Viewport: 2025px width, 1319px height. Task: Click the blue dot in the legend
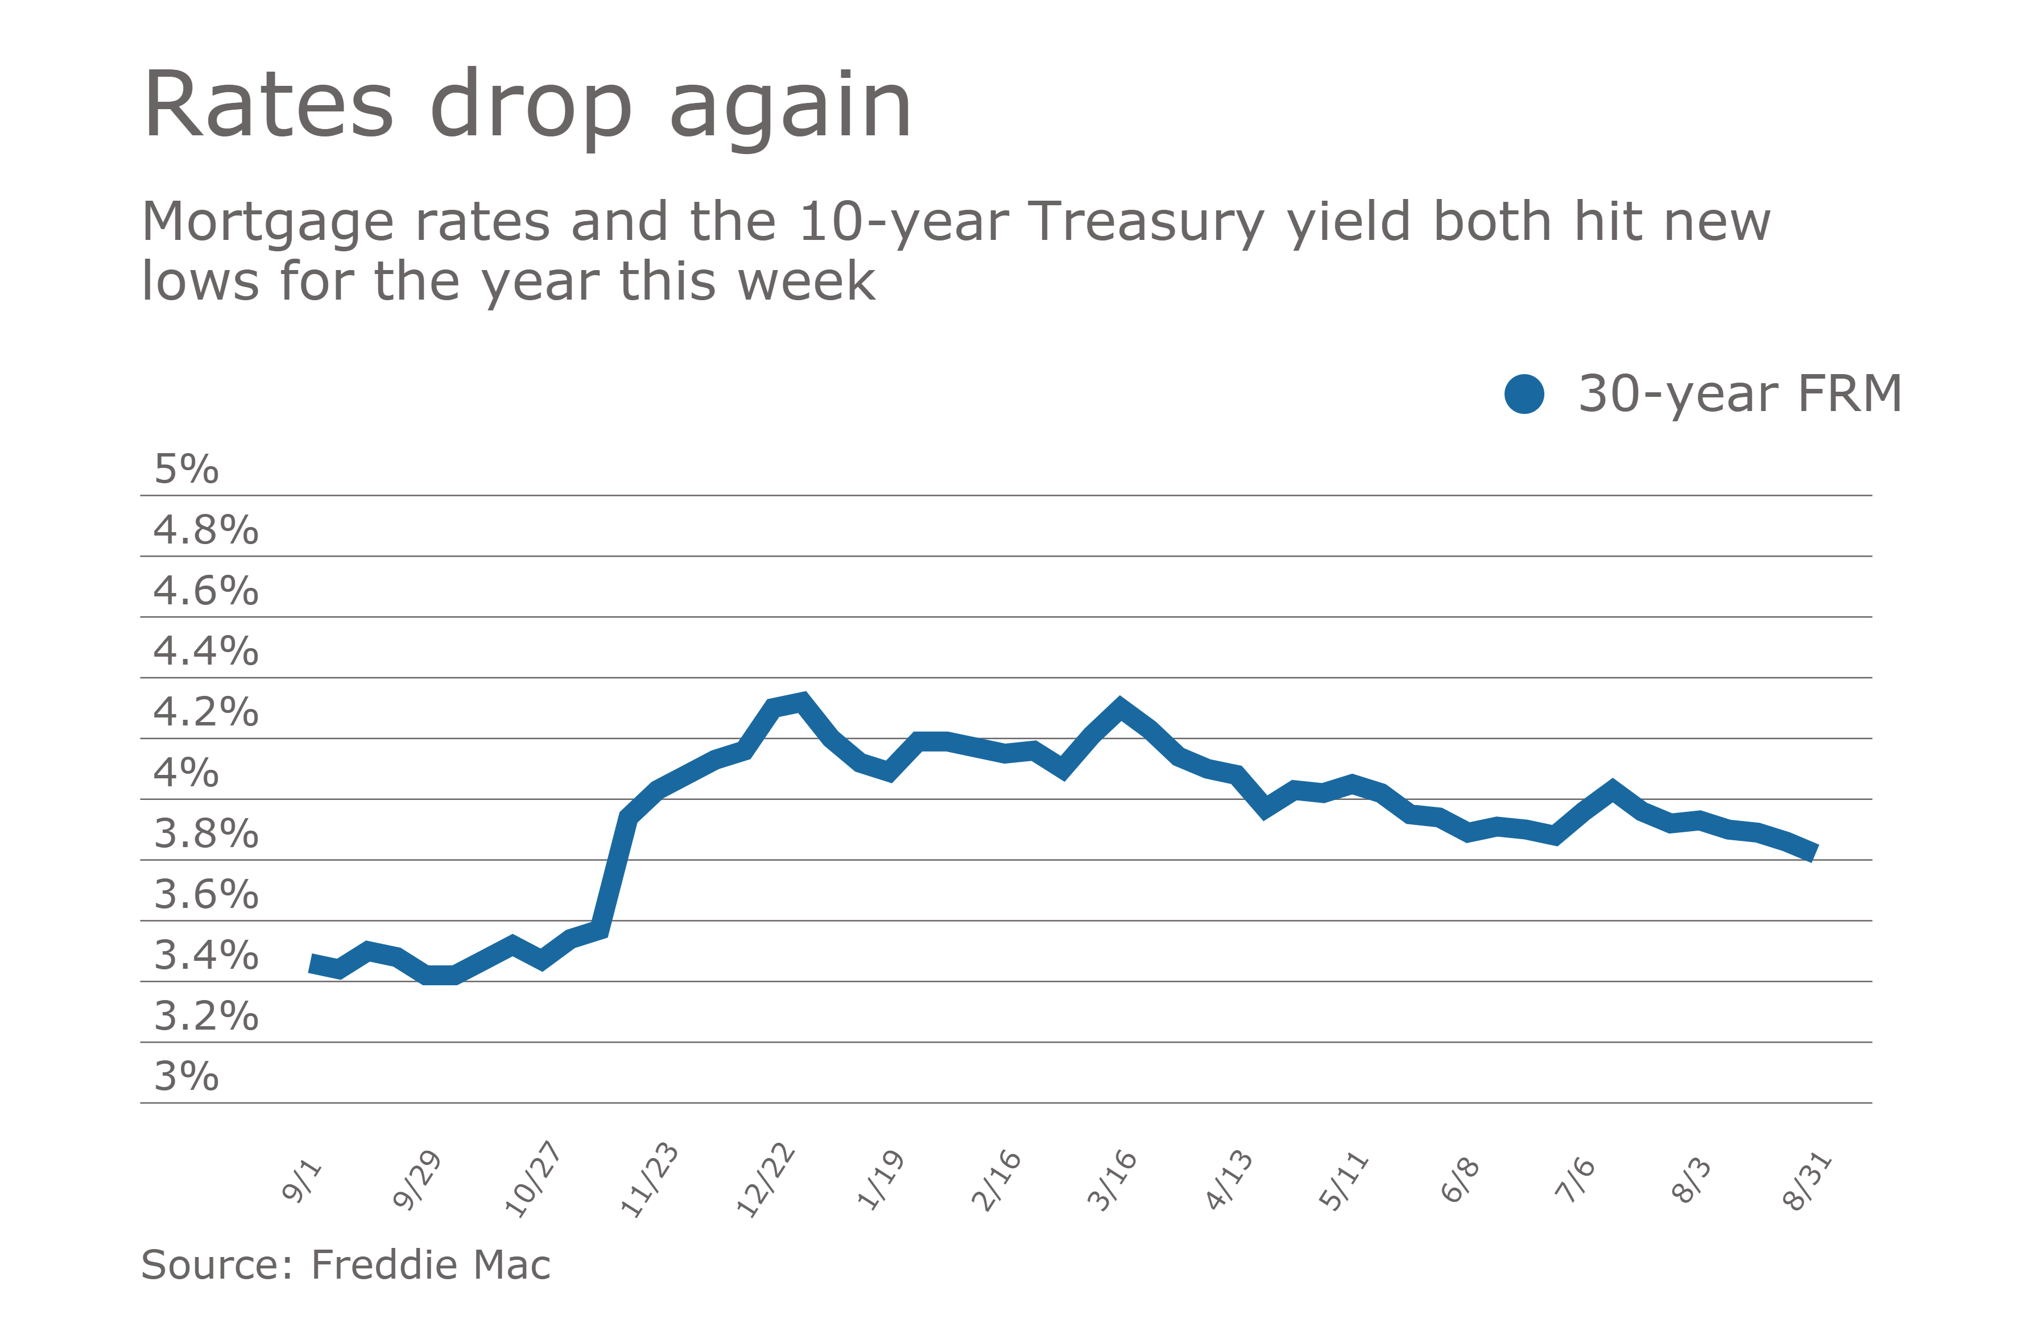[1524, 395]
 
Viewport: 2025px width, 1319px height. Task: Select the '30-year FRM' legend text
[1740, 395]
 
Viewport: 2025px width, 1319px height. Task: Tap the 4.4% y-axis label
[205, 652]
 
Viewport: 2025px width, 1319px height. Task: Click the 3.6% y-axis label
[205, 895]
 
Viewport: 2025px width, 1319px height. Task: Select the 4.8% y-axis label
[205, 530]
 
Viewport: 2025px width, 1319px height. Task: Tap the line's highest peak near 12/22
[801, 701]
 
